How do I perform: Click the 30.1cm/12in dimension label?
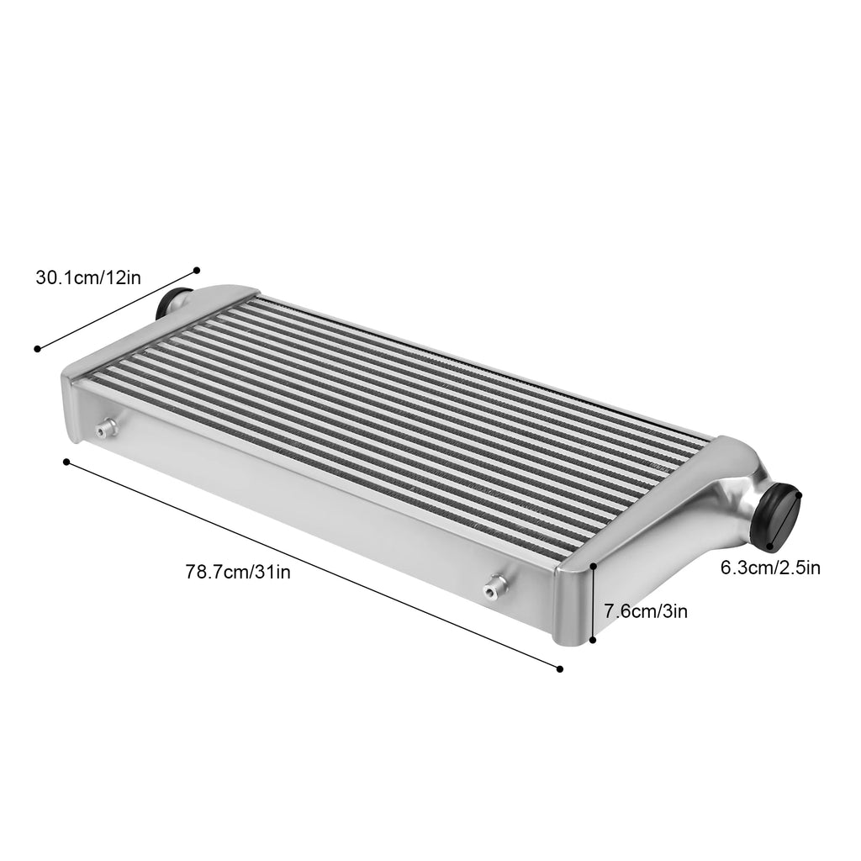coord(88,277)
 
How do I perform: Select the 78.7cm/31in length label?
coord(238,573)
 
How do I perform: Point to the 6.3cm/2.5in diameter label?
coord(770,568)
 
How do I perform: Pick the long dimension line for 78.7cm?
coord(313,565)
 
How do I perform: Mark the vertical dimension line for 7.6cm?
coord(594,603)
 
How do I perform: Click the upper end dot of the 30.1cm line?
coord(197,270)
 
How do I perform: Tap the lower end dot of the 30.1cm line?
coord(37,349)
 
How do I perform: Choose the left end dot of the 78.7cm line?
coord(66,461)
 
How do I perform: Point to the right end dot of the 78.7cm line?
coord(560,669)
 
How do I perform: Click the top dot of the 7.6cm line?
coord(594,566)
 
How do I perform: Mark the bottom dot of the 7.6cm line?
coord(593,640)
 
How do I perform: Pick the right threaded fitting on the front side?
coord(494,586)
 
